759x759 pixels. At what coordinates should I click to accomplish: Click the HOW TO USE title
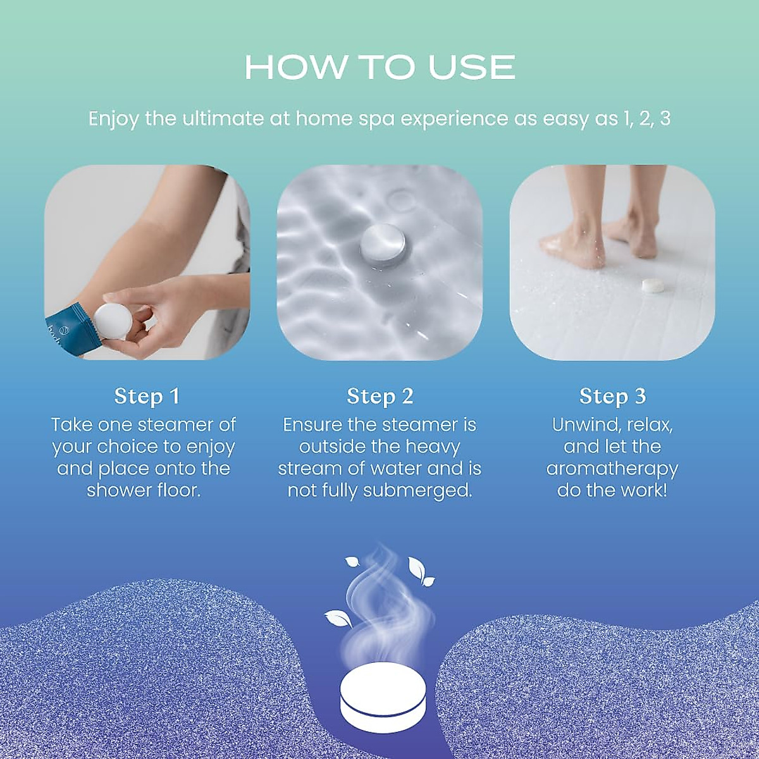click(x=379, y=67)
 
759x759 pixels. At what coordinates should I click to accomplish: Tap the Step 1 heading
click(x=147, y=397)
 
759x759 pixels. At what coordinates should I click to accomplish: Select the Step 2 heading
click(x=379, y=397)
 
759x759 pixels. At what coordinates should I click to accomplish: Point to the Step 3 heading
click(x=612, y=397)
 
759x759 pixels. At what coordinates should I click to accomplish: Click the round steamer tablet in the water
click(x=382, y=244)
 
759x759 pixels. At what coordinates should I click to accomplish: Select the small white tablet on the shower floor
click(x=652, y=286)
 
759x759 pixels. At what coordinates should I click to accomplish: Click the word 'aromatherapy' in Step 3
click(x=612, y=469)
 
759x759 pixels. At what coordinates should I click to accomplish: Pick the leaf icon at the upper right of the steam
click(x=421, y=572)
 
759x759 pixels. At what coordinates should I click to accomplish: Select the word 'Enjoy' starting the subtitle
click(x=113, y=119)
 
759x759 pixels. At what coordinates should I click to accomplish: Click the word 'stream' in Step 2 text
click(x=311, y=469)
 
